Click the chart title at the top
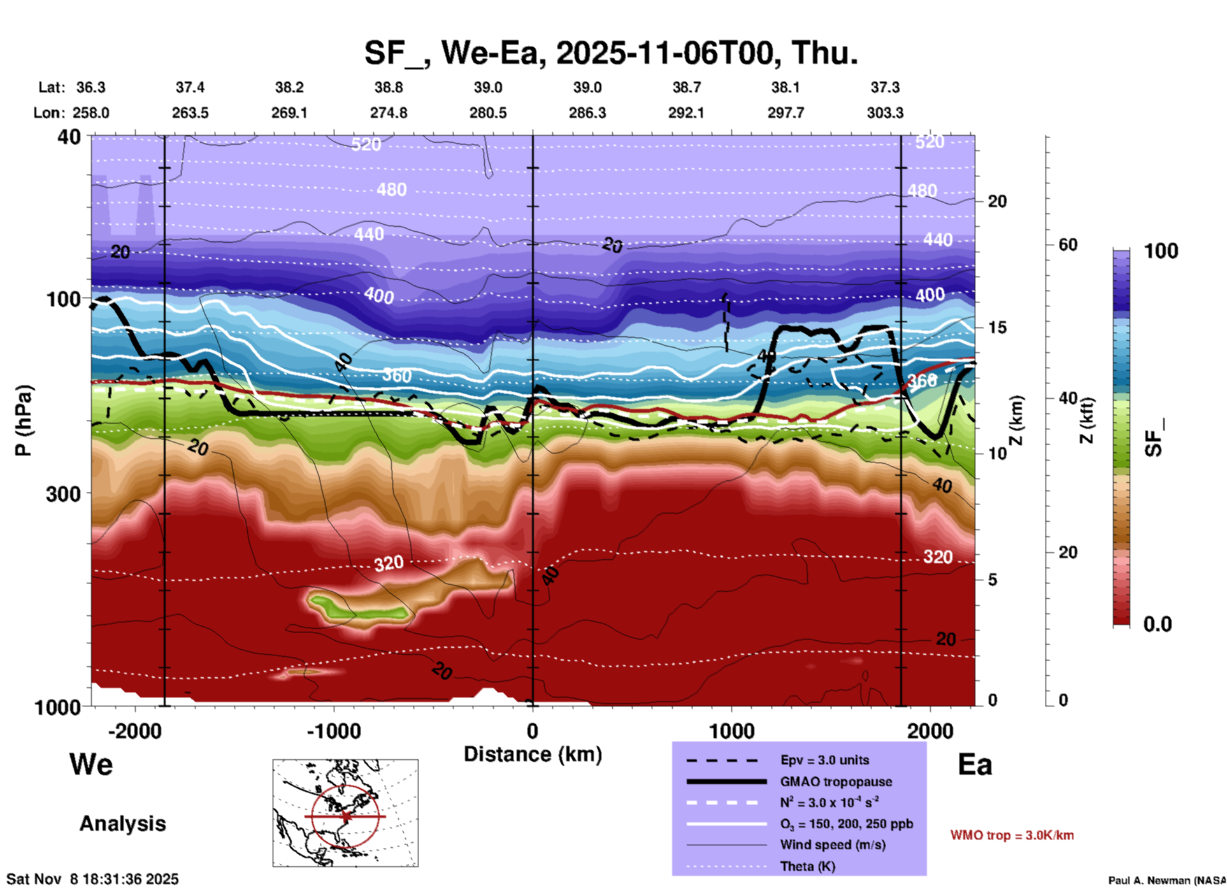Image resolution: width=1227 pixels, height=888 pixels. (610, 52)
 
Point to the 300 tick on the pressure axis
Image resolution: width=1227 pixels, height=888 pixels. (64, 493)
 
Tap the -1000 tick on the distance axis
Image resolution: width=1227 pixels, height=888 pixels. (333, 731)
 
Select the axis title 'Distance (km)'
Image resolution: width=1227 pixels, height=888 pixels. (533, 754)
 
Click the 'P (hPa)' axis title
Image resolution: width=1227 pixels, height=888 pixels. (23, 420)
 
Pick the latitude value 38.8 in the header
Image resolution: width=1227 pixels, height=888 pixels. (389, 87)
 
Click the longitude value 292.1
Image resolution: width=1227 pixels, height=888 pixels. (686, 113)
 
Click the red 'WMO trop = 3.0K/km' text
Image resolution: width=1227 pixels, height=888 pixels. (1012, 835)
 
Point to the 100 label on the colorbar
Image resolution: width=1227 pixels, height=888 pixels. (1161, 251)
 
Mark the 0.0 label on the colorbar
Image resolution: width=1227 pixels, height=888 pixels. (1158, 624)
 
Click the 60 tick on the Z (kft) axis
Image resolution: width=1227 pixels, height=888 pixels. (1068, 245)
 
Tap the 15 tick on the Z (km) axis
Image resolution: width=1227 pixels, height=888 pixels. (997, 327)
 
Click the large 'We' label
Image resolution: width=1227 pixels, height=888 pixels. (91, 764)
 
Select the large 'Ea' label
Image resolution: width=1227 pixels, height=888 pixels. (975, 764)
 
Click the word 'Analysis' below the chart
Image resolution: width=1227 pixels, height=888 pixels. (122, 824)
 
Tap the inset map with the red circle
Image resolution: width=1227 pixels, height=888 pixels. (345, 812)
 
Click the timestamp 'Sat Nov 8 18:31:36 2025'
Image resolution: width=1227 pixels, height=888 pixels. (93, 879)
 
